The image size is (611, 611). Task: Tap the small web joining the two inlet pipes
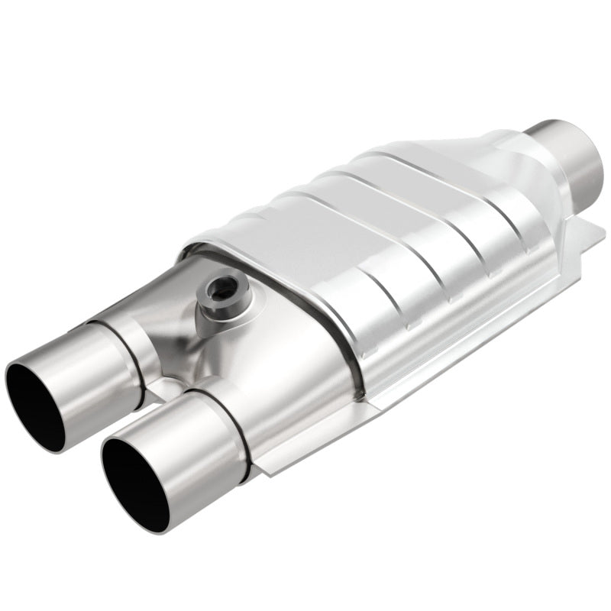coord(164,390)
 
